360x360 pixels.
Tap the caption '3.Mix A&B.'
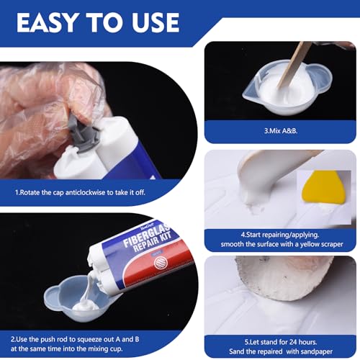pyautogui.click(x=280, y=131)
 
